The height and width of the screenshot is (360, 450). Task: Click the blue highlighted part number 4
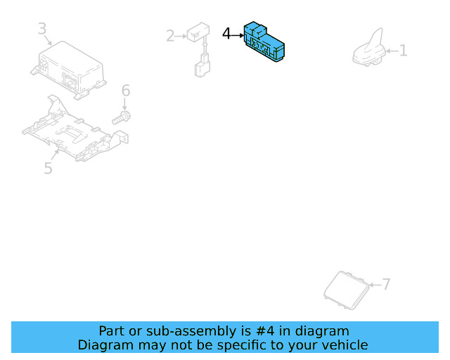[264, 42]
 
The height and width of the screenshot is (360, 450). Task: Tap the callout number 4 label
[226, 34]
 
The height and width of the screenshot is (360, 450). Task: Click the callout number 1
[403, 51]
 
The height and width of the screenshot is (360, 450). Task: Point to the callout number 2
[170, 36]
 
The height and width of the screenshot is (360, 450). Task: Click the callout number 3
[42, 28]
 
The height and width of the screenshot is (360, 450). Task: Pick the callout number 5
[48, 168]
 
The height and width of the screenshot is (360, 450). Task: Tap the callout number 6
[126, 91]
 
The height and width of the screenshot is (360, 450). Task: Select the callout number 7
[386, 284]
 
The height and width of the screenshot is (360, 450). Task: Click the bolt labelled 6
[122, 118]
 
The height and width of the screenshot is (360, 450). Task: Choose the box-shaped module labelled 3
[69, 70]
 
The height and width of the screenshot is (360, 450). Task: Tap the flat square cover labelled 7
[347, 290]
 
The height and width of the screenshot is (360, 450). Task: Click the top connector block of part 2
[198, 32]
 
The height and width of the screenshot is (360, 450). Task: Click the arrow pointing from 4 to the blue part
[238, 35]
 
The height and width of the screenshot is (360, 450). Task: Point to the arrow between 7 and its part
[375, 285]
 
